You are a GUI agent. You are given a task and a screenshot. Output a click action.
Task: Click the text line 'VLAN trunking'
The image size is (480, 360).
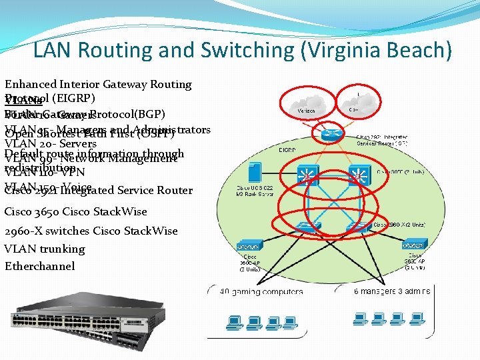coord(45,249)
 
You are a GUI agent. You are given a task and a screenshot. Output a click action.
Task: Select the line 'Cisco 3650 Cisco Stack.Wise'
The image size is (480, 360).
coord(75,212)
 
